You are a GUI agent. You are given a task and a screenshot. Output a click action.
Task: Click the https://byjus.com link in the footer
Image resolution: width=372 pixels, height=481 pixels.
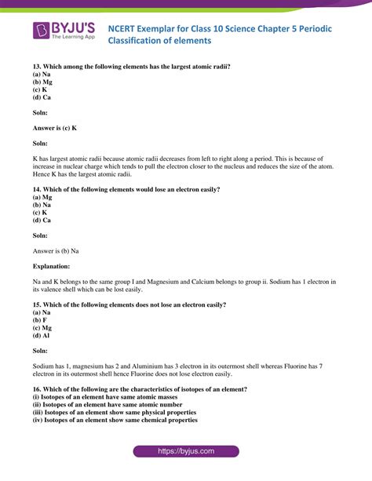pyautogui.click(x=186, y=452)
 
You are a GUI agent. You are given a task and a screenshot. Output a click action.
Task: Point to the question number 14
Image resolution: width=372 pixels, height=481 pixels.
pyautogui.click(x=37, y=189)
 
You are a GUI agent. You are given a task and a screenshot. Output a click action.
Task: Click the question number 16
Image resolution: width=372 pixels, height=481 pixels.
pyautogui.click(x=37, y=388)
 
